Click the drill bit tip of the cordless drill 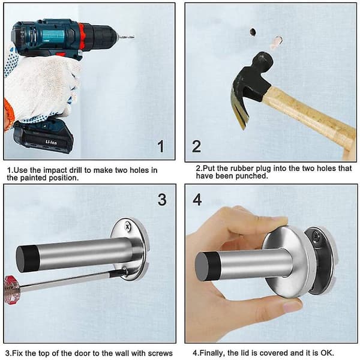(134, 36)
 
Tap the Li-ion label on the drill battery (51, 142)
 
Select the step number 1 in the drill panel (161, 146)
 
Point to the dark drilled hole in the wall (253, 32)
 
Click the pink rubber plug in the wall (277, 42)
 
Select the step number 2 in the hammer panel (197, 146)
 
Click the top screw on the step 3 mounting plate (127, 226)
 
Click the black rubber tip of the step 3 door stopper (27, 259)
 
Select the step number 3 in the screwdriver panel (162, 200)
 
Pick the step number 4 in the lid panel (197, 200)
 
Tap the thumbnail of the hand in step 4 (292, 307)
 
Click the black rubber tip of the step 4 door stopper (205, 263)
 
